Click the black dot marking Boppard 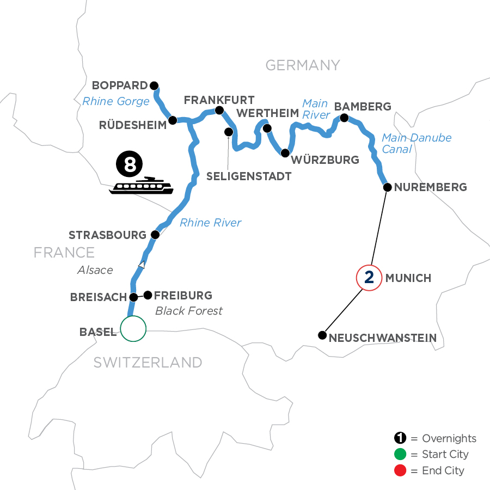coord(154,85)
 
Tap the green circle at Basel coord(133,328)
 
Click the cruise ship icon coord(141,186)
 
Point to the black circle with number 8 coord(130,164)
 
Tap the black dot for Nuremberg coord(387,187)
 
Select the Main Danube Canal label coord(416,143)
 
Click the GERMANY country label coord(302,65)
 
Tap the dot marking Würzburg coord(285,153)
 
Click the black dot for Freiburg coord(147,295)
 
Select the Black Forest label coord(189,311)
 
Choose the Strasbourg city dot coord(155,235)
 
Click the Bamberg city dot coord(344,117)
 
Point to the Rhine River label coord(210,222)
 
